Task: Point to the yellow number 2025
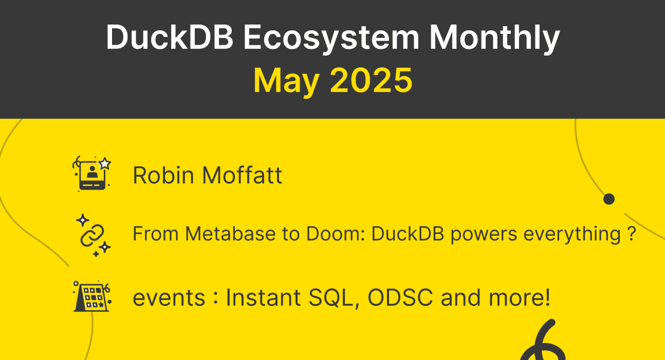click(x=371, y=81)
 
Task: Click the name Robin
click(x=164, y=175)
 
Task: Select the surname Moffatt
click(x=242, y=175)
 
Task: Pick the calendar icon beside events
click(x=92, y=297)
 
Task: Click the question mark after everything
click(x=632, y=235)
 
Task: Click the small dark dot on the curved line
click(x=609, y=199)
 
